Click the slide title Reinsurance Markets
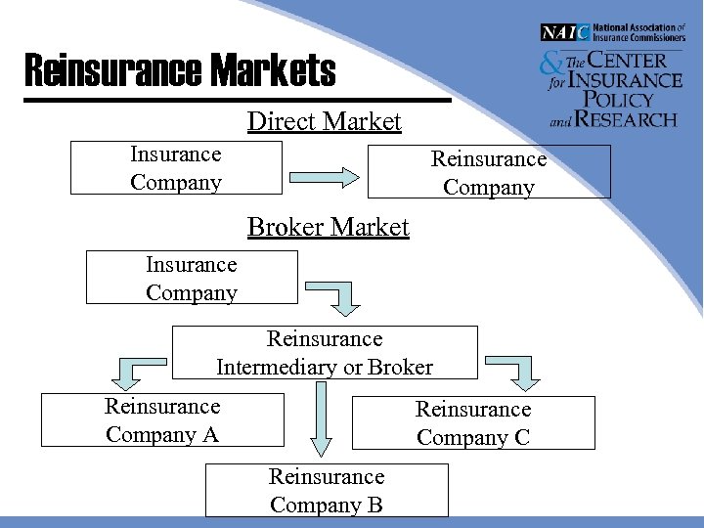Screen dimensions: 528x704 click(x=179, y=70)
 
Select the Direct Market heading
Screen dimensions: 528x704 click(x=324, y=121)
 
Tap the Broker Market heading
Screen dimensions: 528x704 click(x=328, y=227)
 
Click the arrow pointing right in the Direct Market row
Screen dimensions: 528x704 click(x=323, y=177)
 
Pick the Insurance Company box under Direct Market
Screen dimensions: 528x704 click(x=176, y=167)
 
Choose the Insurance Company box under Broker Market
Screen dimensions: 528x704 click(x=192, y=278)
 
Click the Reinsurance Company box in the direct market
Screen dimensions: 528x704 click(x=489, y=172)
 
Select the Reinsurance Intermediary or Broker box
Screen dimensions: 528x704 click(x=325, y=353)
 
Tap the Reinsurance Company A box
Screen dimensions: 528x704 click(x=162, y=419)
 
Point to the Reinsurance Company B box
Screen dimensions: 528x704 click(x=327, y=490)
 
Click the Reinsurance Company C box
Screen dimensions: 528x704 click(x=473, y=422)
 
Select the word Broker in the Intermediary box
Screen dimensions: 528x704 click(x=400, y=368)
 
